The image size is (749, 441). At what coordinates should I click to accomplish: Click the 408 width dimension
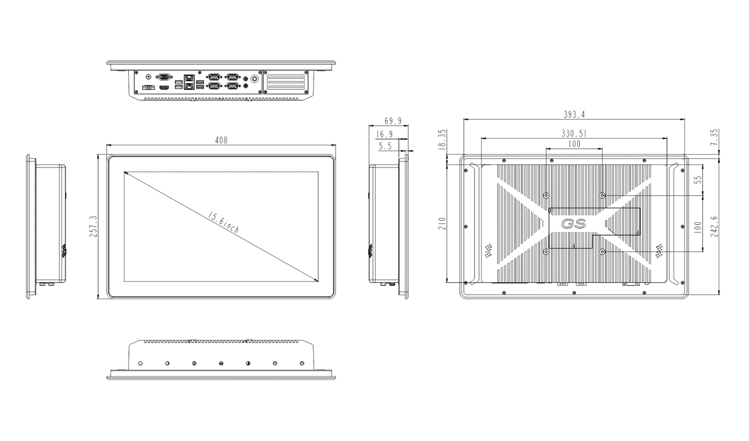[221, 140]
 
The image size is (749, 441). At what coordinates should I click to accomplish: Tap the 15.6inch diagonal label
[223, 223]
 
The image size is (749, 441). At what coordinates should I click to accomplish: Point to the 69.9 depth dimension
[392, 121]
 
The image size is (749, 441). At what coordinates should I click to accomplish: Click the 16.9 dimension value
[384, 134]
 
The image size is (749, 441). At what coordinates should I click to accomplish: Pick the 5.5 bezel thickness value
[386, 146]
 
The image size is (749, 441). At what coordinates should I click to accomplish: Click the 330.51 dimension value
[573, 133]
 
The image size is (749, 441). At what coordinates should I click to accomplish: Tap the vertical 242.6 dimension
[714, 227]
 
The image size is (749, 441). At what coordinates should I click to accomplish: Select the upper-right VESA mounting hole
[603, 196]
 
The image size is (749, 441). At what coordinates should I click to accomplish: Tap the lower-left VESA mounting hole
[546, 251]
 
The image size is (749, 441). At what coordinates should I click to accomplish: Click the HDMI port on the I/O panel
[164, 88]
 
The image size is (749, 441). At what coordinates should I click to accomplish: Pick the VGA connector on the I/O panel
[164, 78]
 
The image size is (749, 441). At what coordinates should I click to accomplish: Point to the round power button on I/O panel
[254, 79]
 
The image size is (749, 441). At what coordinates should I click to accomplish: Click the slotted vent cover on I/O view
[284, 82]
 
